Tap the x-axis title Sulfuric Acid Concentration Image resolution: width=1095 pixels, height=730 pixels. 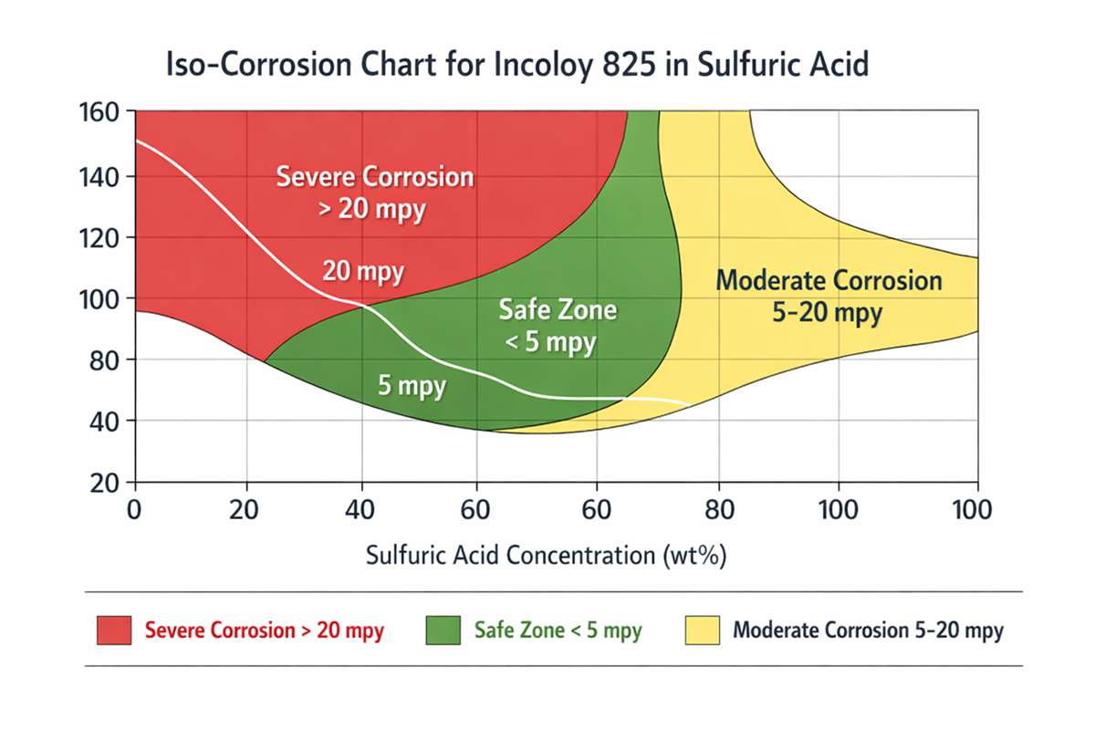tap(546, 555)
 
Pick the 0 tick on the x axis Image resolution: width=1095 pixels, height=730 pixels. tap(135, 509)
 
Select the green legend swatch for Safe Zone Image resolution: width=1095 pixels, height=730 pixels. tap(443, 631)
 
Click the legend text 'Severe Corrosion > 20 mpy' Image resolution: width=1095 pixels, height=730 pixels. tap(265, 631)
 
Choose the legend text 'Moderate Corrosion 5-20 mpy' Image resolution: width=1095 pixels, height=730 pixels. tap(868, 631)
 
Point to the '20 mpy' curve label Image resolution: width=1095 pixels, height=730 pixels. tap(363, 272)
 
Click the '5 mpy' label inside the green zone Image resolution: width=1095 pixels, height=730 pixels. tap(412, 385)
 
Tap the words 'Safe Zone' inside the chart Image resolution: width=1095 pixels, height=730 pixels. tap(558, 310)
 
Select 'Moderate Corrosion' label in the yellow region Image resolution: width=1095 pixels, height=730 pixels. tap(829, 280)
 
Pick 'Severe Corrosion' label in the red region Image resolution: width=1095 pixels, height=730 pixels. tap(375, 176)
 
